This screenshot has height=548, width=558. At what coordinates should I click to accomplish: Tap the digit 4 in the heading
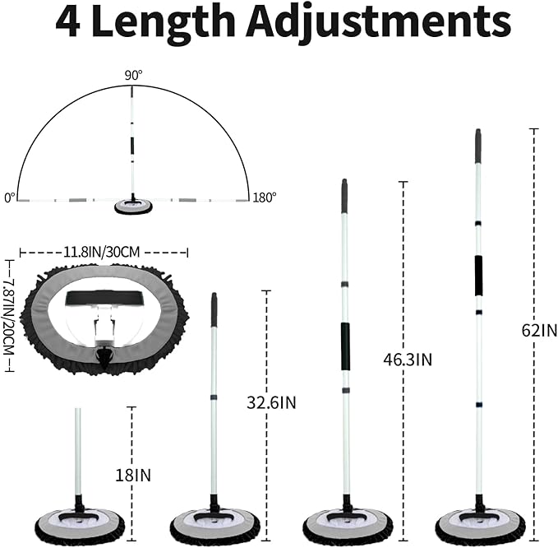tap(67, 22)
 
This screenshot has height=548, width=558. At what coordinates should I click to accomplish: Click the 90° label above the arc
tap(133, 75)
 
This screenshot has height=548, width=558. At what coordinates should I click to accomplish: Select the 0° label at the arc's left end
tap(10, 197)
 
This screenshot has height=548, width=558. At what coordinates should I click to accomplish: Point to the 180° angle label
tap(264, 197)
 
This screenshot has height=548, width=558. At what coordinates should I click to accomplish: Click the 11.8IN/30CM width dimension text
tap(101, 253)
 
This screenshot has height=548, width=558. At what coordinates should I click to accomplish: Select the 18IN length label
tap(133, 476)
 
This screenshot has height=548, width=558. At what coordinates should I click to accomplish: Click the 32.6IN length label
tap(271, 402)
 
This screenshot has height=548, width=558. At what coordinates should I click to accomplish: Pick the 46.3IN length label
tap(408, 360)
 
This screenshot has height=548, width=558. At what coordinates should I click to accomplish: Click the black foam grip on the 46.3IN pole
tap(345, 346)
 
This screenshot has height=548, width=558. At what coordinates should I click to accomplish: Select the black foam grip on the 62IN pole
tap(478, 276)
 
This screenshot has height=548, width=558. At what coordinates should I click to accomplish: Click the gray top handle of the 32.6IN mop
tap(214, 309)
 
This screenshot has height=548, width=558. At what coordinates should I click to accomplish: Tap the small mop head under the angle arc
tap(133, 207)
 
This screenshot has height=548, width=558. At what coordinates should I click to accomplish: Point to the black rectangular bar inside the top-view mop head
tap(105, 298)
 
